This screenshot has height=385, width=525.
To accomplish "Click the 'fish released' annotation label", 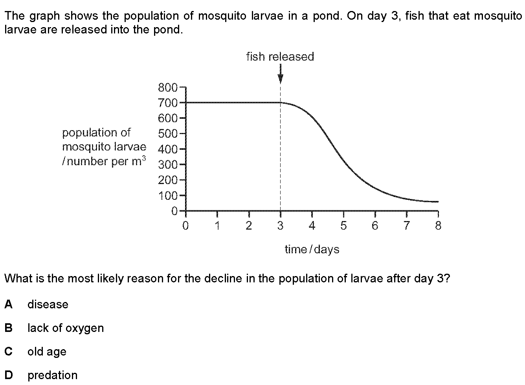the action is [280, 57].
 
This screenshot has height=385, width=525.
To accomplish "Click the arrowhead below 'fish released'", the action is [280, 79].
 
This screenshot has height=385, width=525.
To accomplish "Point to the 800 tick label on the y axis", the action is [168, 88].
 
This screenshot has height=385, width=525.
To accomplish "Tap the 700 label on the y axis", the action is [168, 103].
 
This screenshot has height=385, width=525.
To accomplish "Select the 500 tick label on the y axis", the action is [168, 134].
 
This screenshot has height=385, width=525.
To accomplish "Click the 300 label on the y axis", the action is [168, 165].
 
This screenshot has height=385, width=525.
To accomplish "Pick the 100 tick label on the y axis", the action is [168, 196].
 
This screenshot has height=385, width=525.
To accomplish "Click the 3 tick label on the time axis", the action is [280, 225].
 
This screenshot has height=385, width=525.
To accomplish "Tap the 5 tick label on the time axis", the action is [343, 225].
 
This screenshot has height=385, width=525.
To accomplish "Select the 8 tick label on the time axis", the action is [438, 225].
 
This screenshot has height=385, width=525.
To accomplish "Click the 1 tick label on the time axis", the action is [217, 225].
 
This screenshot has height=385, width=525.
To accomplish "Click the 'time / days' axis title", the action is [312, 249].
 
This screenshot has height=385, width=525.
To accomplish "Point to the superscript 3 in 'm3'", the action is [144, 158].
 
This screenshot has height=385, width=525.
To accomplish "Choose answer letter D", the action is [9, 375].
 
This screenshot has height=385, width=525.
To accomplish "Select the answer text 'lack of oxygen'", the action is [66, 328].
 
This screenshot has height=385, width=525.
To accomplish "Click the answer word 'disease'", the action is [48, 304].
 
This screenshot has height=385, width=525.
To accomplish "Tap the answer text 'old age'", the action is [47, 352].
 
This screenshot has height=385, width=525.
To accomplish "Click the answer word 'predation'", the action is [53, 375].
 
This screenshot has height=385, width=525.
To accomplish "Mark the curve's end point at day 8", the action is [438, 202].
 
